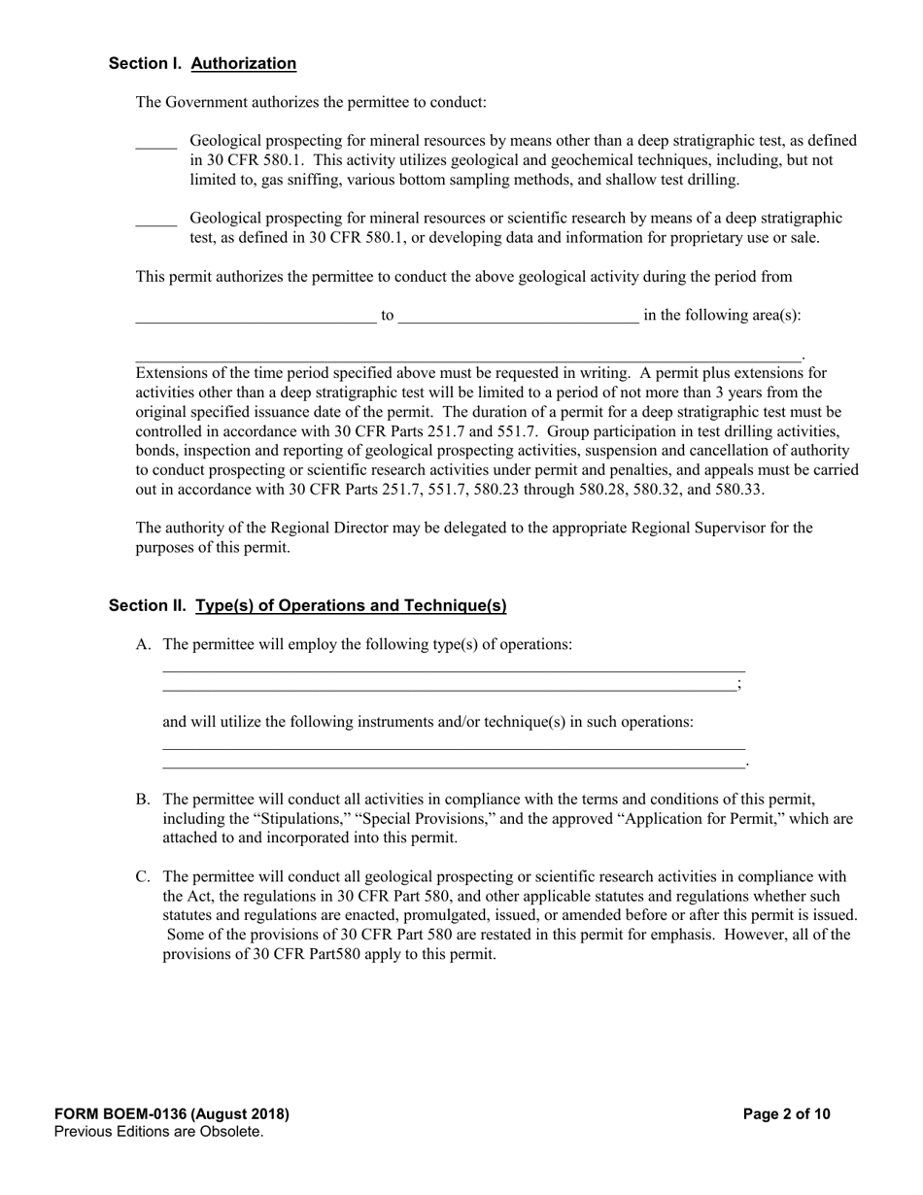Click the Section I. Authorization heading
(x=202, y=64)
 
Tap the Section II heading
(x=307, y=606)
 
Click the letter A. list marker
(x=144, y=645)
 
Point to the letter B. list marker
(x=144, y=800)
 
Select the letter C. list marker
(x=144, y=877)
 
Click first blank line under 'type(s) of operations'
(x=453, y=669)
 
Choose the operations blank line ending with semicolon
(x=449, y=688)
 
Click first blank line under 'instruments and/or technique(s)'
(x=453, y=747)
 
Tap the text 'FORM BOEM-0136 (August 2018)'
(x=172, y=1114)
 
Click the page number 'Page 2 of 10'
(x=786, y=1114)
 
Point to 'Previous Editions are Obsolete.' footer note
(x=159, y=1132)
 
